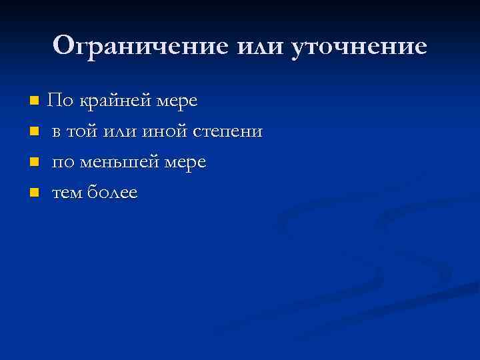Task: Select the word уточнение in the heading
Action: (x=359, y=46)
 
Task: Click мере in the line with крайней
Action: (x=177, y=101)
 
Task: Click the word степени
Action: (x=227, y=131)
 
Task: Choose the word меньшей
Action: (x=117, y=162)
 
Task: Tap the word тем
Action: (x=67, y=193)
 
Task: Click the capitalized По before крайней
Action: (x=60, y=101)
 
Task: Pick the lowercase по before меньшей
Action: (x=63, y=162)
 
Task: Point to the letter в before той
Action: (x=57, y=132)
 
